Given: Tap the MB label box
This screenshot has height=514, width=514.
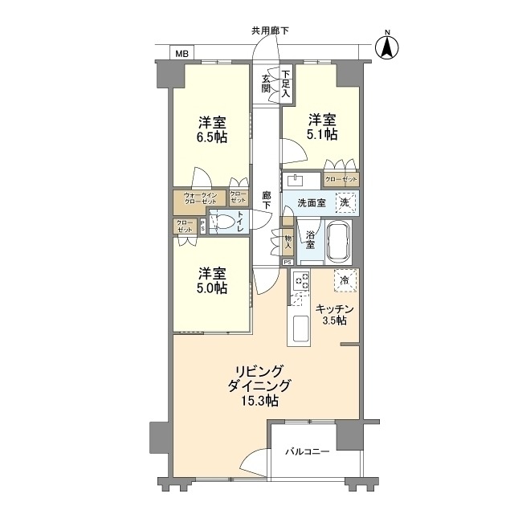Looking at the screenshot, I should pos(182,54).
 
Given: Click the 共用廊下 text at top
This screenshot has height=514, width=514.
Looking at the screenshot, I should pos(270,31).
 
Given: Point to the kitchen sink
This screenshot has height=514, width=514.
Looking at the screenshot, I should pos(300,328).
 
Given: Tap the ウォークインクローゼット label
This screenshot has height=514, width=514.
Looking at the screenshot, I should pos(199,198).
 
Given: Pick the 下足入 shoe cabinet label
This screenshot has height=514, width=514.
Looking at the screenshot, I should pos(286,82).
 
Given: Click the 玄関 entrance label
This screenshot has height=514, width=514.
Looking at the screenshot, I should pos(267,84).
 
